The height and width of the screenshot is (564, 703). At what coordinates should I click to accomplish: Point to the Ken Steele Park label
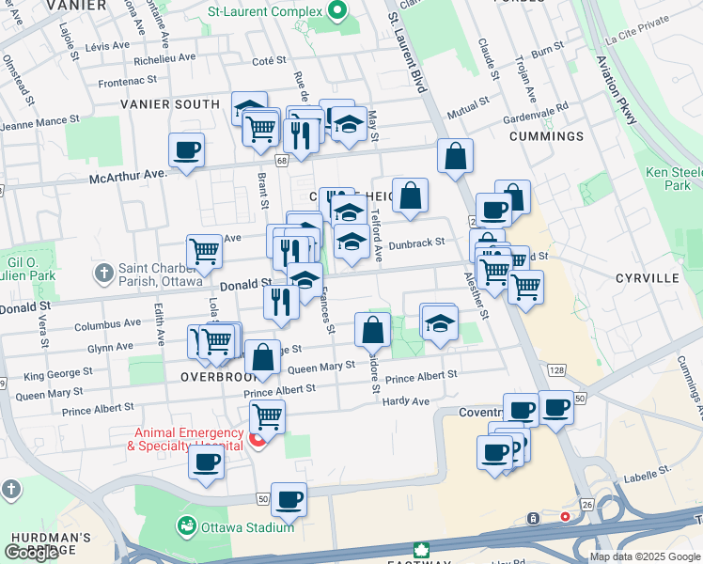click(x=674, y=179)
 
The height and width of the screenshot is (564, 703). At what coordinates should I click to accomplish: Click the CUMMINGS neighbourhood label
click(x=546, y=136)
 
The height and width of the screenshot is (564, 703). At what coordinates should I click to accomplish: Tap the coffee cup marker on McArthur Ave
click(x=186, y=149)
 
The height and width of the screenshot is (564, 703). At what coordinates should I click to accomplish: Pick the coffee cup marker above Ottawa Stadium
click(x=289, y=498)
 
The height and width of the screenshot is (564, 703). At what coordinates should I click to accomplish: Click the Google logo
click(x=32, y=553)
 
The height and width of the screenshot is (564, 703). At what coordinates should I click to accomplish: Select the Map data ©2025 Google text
click(x=644, y=556)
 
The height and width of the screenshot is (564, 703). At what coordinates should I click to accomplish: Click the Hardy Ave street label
click(x=406, y=401)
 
